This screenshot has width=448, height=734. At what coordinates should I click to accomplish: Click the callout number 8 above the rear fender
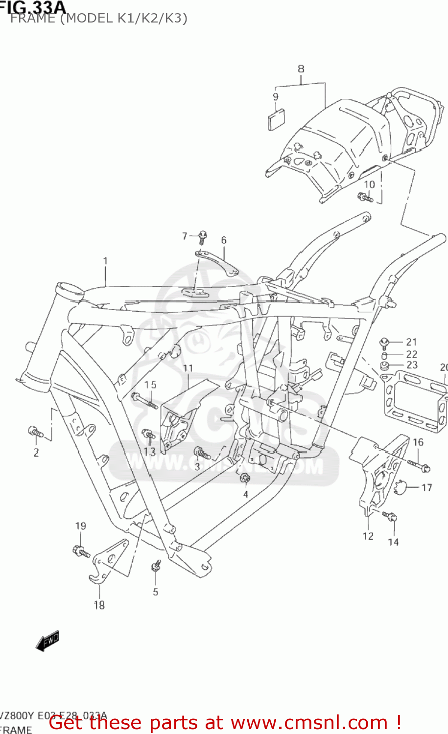tap(301, 69)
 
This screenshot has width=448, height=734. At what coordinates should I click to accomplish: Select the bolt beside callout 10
tap(365, 197)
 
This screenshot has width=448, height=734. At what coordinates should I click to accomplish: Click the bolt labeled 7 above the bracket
tap(202, 237)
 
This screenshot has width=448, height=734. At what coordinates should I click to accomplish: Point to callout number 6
tap(224, 240)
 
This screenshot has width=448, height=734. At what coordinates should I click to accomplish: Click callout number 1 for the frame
tap(105, 261)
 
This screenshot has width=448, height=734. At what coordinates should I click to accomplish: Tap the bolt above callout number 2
tap(35, 432)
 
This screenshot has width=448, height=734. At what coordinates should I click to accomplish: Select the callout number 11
tap(188, 368)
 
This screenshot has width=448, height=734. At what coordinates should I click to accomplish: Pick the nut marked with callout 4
tap(245, 478)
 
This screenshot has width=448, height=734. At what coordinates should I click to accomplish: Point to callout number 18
tap(99, 605)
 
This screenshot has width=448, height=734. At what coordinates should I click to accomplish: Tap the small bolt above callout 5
tap(156, 566)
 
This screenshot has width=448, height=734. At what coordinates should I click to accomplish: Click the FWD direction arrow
tap(47, 641)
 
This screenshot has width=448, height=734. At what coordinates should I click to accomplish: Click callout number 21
tap(411, 342)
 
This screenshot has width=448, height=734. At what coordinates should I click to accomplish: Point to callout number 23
tap(412, 365)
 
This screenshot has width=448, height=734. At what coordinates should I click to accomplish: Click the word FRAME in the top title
tap(32, 19)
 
